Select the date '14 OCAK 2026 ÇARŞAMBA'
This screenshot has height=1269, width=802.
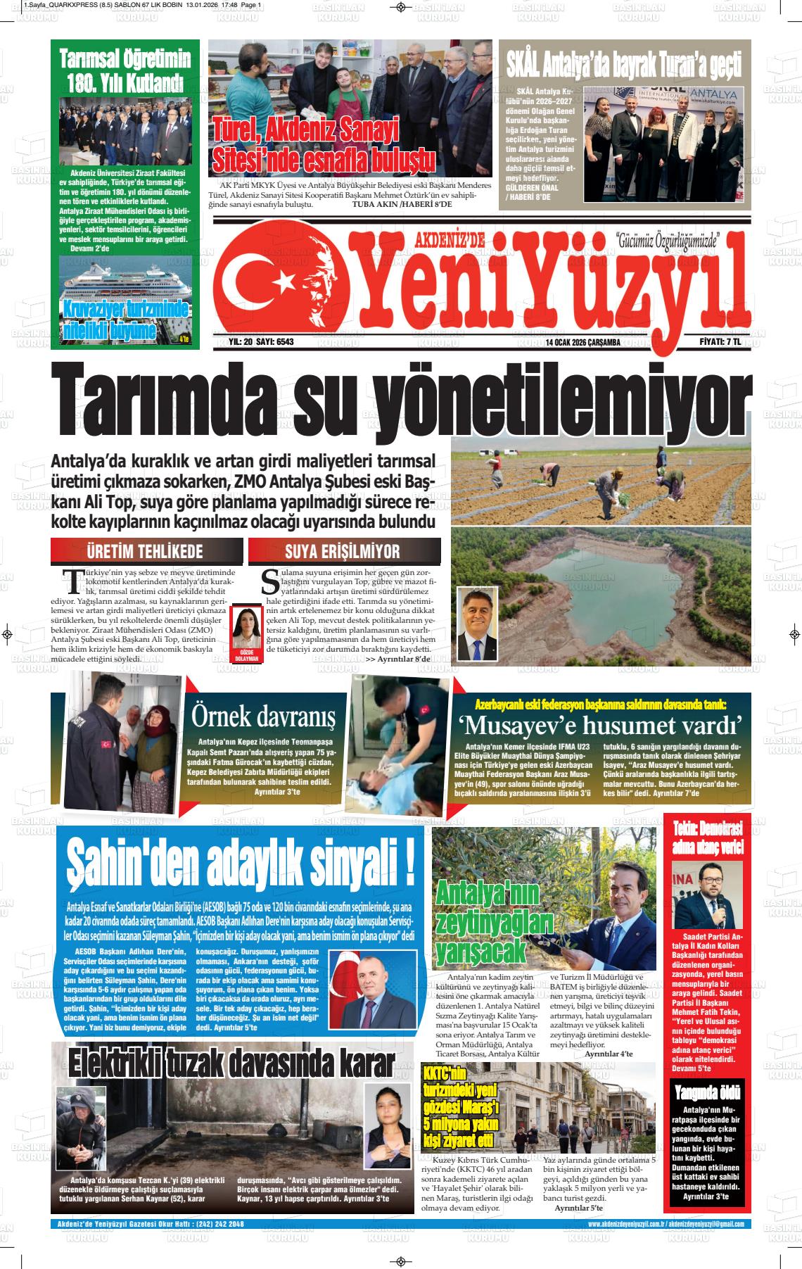582,343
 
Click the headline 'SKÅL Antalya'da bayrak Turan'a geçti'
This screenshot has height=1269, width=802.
624,65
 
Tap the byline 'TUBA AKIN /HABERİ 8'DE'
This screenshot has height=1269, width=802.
402,204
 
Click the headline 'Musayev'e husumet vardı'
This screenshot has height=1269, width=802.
601,724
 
